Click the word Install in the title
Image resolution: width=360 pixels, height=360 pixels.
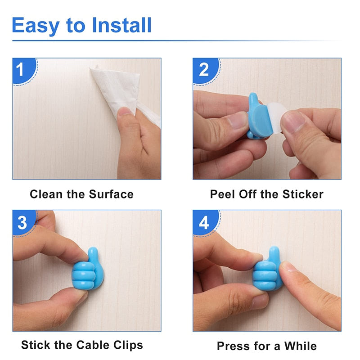coord(122,25)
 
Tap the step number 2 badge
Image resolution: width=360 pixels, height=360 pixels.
coord(204,69)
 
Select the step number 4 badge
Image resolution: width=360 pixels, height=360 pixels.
coord(204,222)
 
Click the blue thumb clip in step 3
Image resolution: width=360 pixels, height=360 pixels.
coord(89,272)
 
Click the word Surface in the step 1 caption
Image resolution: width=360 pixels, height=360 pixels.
coord(111,194)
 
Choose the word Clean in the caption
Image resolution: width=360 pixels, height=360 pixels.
coord(45,194)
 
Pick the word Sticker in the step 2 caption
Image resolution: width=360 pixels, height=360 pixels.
coord(303,194)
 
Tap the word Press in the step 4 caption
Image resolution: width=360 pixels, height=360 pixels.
coord(232,346)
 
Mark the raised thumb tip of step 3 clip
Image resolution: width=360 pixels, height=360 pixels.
coord(93,252)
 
